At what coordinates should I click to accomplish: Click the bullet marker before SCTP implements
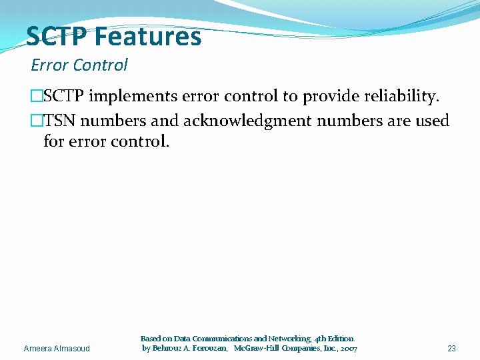pos(37,97)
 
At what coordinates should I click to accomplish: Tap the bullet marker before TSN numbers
pos(37,121)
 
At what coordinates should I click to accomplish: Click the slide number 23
pos(451,349)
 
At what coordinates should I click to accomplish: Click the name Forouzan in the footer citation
pos(207,348)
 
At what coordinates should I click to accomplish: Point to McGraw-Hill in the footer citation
pos(257,348)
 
